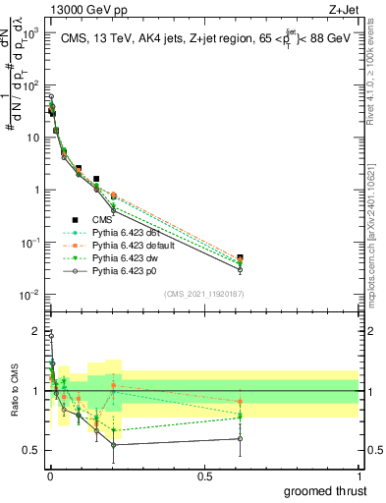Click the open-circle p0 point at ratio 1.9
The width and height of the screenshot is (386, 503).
(51, 336)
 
